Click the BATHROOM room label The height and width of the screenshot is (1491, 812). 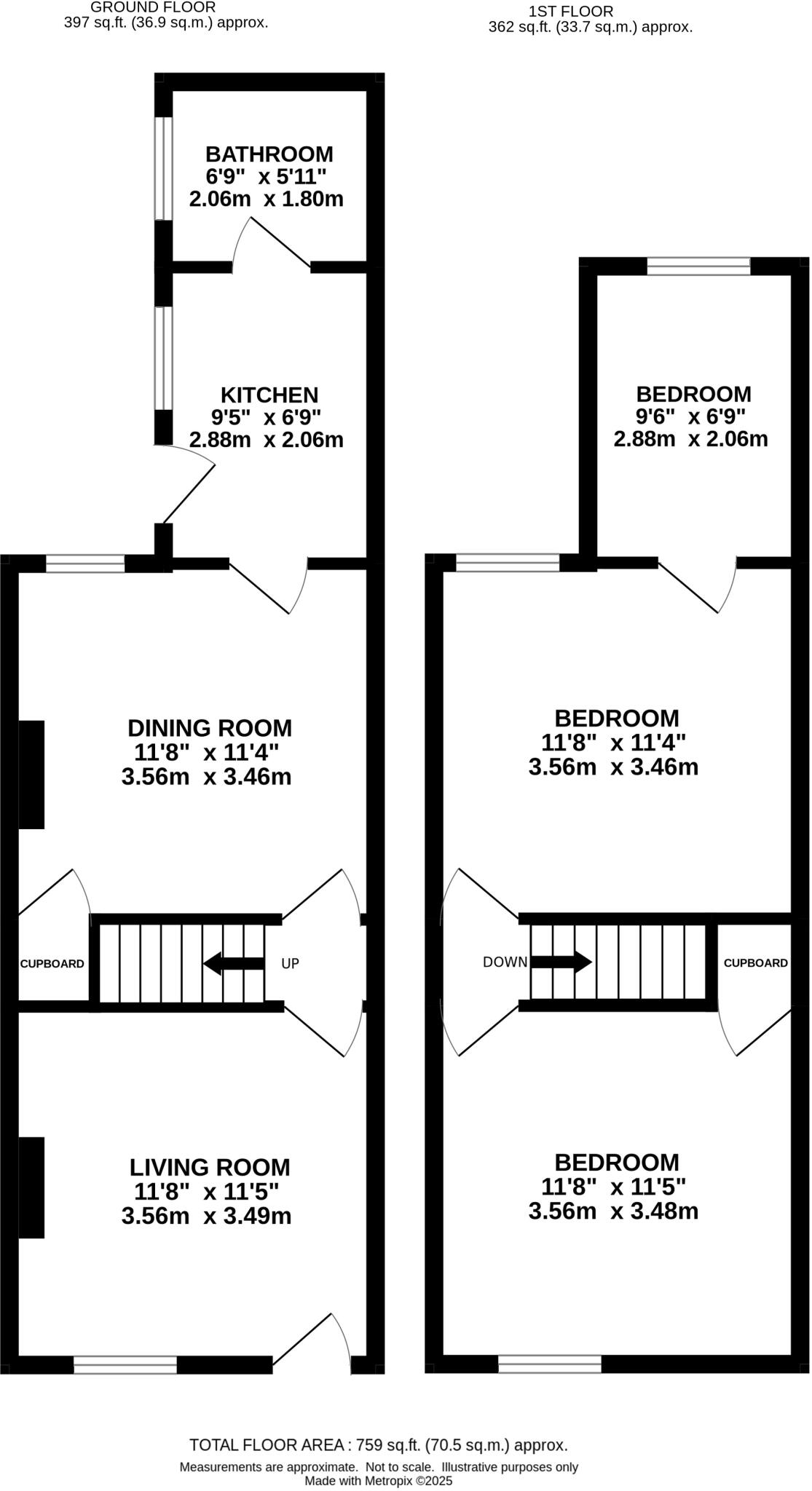269,154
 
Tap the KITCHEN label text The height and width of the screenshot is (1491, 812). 269,395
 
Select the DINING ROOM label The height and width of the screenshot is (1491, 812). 210,728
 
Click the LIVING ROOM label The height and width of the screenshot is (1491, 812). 210,1167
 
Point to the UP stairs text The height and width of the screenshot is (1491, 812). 290,964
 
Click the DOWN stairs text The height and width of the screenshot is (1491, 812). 505,962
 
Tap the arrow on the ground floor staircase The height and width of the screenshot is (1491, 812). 233,964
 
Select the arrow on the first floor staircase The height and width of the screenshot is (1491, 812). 561,962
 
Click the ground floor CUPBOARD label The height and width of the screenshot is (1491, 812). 52,964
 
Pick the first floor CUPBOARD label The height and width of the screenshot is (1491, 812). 755,962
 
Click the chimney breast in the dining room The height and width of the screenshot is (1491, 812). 31,775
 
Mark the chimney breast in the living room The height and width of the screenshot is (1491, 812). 31,1187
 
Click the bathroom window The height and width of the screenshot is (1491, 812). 164,168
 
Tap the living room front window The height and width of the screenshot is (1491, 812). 125,1364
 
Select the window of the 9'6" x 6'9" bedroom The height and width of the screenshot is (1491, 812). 698,266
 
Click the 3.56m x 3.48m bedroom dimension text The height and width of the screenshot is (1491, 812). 613,1211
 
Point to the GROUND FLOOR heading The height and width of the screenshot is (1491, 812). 153,7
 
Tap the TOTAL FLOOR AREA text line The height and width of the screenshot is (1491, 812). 378,1445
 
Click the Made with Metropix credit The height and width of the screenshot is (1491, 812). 378,1481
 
